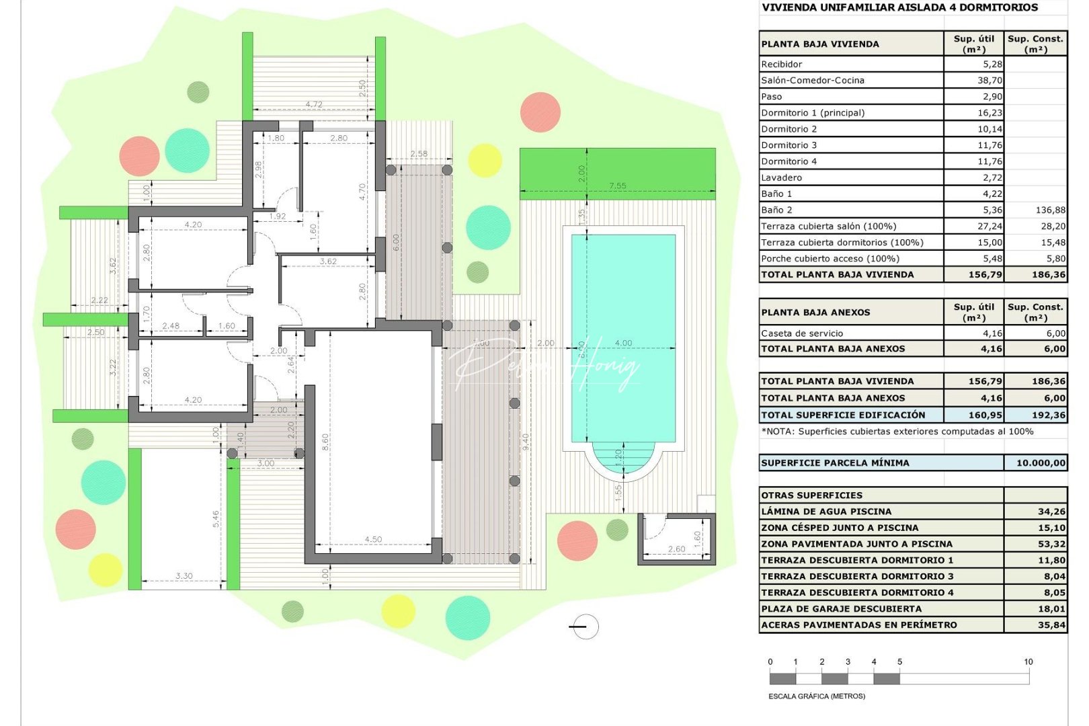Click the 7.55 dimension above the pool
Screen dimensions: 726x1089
click(617, 186)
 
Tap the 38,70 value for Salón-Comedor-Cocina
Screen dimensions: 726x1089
click(990, 80)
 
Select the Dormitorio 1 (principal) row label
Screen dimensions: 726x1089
click(813, 113)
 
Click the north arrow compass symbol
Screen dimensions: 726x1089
click(584, 627)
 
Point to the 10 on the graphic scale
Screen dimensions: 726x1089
click(1028, 662)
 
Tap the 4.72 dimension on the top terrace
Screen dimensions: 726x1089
click(314, 104)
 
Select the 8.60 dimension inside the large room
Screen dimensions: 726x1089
click(325, 442)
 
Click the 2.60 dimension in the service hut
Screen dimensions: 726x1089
click(676, 549)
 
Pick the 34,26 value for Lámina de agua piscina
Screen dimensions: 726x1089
click(1051, 512)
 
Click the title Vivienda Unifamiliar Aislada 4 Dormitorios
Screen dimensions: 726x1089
click(899, 8)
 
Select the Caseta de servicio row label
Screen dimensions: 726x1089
click(801, 333)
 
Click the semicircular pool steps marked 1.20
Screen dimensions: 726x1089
click(619, 459)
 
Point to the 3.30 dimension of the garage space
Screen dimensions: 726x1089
click(184, 576)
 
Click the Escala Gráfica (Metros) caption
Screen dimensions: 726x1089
click(816, 696)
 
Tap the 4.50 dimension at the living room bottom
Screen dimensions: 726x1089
click(373, 539)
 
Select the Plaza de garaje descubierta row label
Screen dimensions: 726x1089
click(841, 609)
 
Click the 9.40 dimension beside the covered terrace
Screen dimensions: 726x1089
click(526, 442)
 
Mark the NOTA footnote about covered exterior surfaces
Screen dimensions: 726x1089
click(897, 432)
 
